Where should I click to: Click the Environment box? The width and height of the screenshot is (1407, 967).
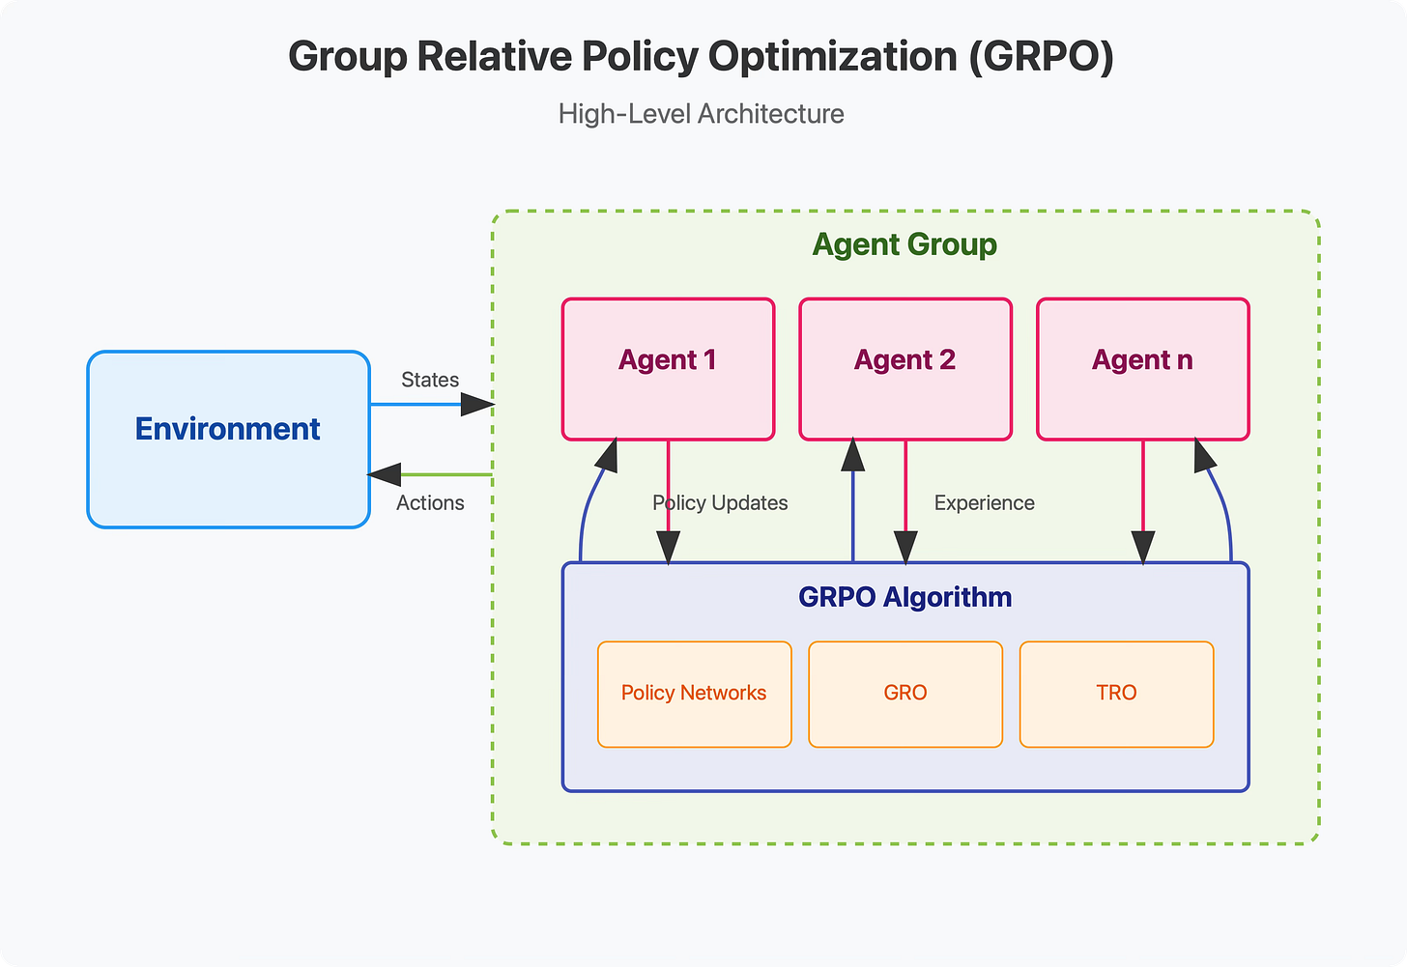229,440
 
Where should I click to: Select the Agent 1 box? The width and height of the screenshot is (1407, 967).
669,369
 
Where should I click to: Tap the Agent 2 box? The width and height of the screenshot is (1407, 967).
905,369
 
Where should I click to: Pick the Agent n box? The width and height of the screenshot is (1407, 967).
1143,369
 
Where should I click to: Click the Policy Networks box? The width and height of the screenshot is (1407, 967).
695,695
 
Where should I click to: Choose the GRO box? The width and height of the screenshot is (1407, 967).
905,695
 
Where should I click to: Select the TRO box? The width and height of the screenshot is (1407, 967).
1117,695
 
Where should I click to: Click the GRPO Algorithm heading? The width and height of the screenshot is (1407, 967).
905,597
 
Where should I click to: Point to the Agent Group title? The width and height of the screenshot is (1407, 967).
904,244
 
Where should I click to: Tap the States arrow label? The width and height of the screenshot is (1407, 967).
430,380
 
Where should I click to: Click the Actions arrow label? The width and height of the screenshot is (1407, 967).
430,503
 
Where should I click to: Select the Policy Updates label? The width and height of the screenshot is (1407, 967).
720,503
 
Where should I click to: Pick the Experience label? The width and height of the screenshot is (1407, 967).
985,503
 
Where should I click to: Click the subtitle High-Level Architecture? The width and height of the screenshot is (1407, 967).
701,114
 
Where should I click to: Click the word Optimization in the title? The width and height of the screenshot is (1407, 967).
833,56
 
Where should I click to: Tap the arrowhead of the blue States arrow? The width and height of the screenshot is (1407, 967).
477,405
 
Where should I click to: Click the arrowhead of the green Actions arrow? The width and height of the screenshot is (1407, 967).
384,474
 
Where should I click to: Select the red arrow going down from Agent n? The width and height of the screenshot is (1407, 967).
1143,501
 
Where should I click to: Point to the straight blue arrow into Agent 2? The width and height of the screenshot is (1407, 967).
853,499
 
